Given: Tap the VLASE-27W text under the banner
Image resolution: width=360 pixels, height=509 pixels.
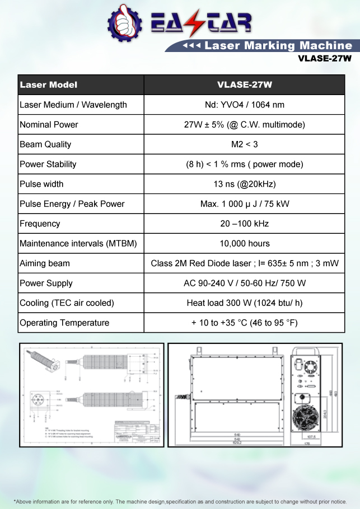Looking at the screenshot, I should [325, 58].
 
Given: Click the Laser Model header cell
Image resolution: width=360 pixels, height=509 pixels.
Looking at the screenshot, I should [49, 85].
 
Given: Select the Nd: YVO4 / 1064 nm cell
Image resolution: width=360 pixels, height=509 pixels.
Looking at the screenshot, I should [245, 105].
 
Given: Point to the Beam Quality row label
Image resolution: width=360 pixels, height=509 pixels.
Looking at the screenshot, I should [45, 144].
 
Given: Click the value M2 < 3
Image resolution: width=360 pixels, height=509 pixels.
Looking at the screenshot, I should [245, 144].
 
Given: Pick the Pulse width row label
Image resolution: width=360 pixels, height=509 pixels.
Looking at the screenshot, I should [41, 184].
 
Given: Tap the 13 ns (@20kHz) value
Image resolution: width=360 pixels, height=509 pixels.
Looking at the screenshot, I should [245, 184].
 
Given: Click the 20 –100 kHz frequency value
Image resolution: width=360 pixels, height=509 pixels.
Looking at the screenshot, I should [245, 224].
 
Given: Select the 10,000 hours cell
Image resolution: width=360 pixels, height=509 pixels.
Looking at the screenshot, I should [245, 243].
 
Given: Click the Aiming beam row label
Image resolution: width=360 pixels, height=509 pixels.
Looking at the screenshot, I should [45, 263].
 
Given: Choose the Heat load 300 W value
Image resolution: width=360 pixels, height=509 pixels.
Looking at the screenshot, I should [245, 303].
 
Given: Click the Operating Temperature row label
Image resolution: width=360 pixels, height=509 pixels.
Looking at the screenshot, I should [64, 323].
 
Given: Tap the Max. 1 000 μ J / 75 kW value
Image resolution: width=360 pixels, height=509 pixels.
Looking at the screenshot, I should [245, 204].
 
